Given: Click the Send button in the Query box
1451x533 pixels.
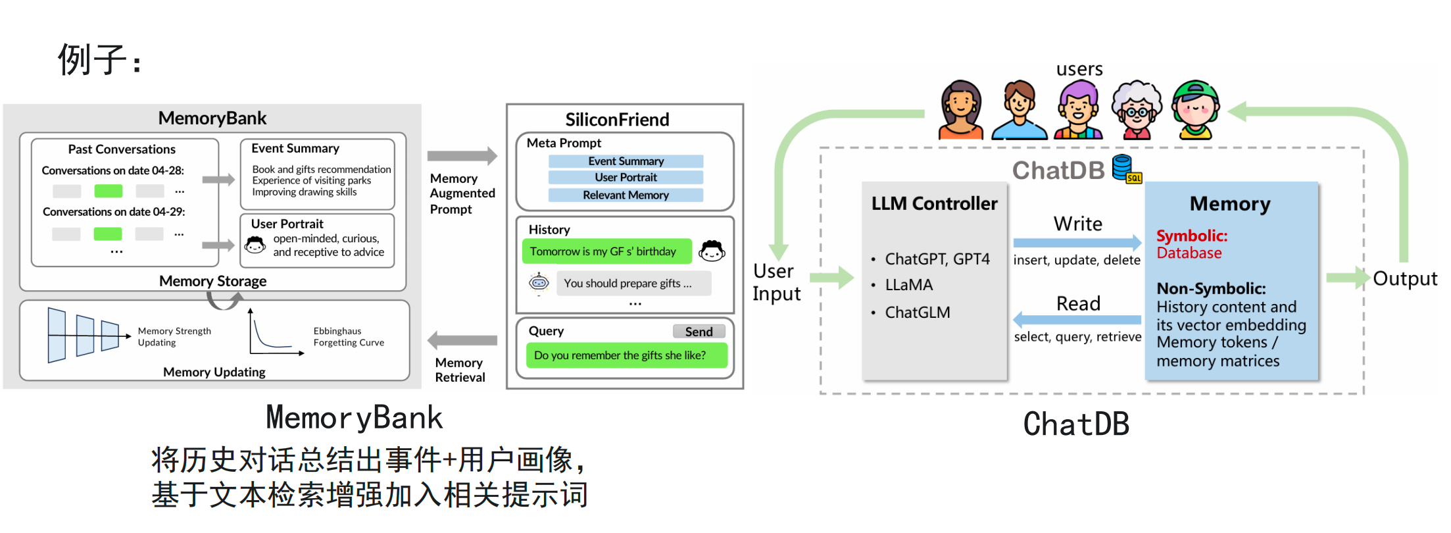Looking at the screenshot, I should [699, 332].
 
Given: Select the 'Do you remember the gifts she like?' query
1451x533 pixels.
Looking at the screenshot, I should [626, 355].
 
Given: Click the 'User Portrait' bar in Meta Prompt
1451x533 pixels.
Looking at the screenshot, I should [626, 178].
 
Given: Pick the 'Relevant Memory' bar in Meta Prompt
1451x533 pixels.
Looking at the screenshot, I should [626, 195].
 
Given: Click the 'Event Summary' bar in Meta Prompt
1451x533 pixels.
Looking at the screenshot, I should [626, 161].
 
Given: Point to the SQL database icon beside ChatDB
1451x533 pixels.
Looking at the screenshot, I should [1126, 169].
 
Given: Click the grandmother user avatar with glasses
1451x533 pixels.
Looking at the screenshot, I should [1136, 111].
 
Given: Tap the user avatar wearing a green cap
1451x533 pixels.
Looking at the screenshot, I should [1196, 111].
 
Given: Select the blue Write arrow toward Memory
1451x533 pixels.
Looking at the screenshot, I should [1077, 242].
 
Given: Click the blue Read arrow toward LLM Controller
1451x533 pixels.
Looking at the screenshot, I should [1077, 320].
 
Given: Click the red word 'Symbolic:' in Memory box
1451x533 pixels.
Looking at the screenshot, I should [1192, 236].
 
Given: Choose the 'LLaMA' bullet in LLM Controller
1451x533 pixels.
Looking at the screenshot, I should [908, 285].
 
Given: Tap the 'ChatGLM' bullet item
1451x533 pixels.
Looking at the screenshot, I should [917, 313].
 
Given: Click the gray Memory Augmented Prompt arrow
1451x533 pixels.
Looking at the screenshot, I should [462, 156].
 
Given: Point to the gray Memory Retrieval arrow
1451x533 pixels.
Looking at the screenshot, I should [462, 340].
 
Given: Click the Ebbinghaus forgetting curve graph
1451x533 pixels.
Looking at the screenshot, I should [275, 334].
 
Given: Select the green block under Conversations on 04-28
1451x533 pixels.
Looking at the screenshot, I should [109, 191].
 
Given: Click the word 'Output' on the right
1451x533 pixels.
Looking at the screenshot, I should [1405, 279].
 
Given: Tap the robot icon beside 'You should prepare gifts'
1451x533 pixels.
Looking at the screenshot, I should [539, 283].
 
